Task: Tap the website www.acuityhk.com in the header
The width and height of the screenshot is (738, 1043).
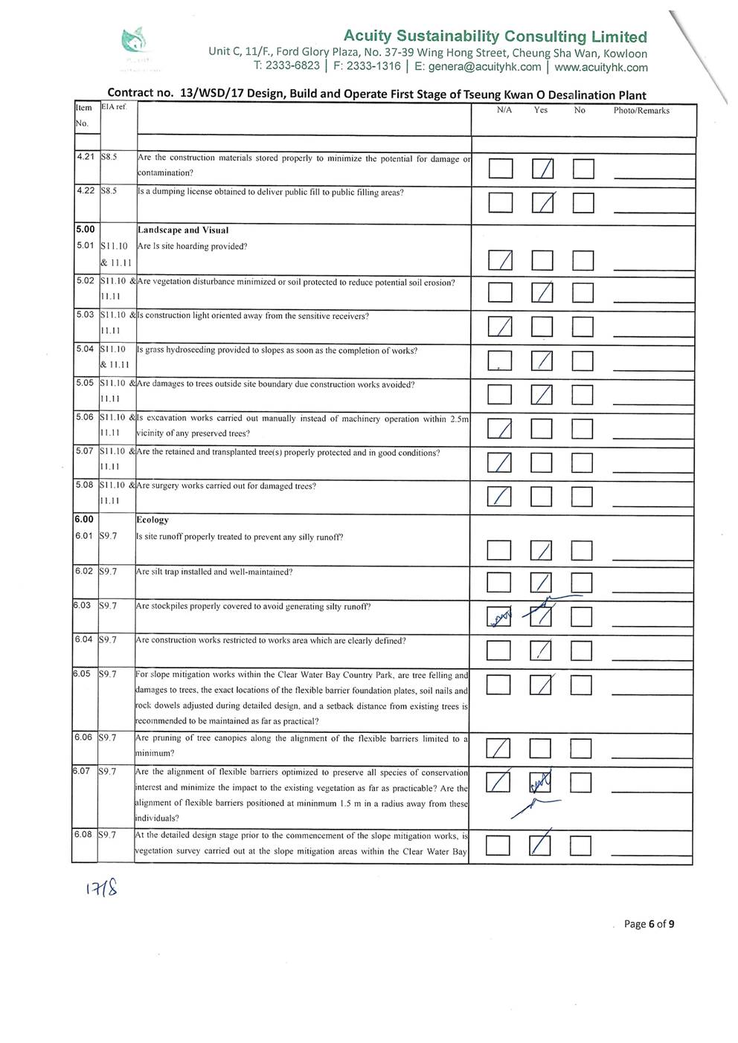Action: [601, 67]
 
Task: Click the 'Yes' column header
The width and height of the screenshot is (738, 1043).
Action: [541, 110]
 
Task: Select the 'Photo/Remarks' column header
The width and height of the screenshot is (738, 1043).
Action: [641, 111]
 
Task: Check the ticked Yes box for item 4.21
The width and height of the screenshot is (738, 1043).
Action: [542, 169]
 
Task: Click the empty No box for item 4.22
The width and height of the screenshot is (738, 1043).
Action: [583, 203]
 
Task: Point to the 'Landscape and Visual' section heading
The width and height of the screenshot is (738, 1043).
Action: [183, 230]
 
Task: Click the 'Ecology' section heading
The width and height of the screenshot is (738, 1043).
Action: [153, 520]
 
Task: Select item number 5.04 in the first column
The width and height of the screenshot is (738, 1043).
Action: [86, 349]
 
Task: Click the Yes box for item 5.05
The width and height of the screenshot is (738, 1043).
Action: [542, 394]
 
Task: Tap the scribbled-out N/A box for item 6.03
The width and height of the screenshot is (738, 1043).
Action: [498, 617]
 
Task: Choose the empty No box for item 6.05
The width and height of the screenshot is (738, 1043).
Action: [581, 684]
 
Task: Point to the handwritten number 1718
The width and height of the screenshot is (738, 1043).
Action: [103, 888]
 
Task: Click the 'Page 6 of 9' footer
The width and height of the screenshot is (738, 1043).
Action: [649, 924]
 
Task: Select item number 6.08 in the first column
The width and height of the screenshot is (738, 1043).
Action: [83, 834]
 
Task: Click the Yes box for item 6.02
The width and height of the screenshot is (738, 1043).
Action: [542, 583]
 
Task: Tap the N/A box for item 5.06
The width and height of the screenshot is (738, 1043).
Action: [500, 428]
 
